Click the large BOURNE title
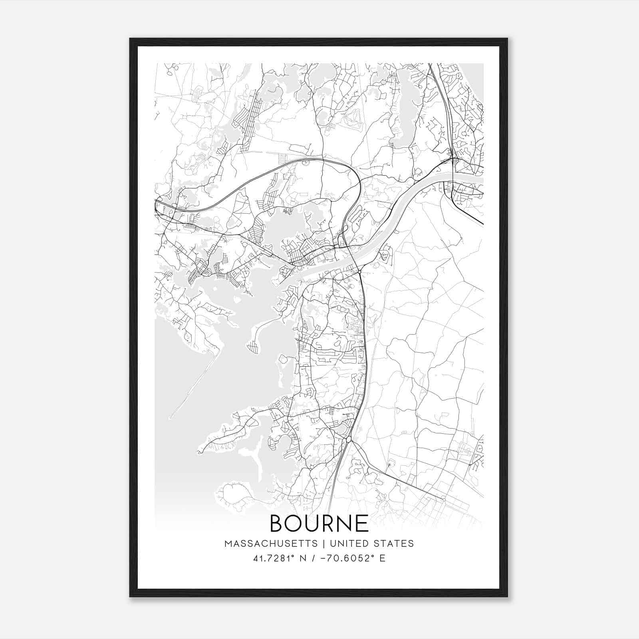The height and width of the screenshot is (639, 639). point(319,523)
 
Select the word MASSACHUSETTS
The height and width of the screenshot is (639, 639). point(271,544)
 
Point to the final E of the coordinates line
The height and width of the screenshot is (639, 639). point(382,558)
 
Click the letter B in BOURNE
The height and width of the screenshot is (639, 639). point(276,523)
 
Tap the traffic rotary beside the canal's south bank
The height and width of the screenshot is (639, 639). point(360,272)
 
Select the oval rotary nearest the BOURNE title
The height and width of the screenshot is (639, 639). point(349,439)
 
